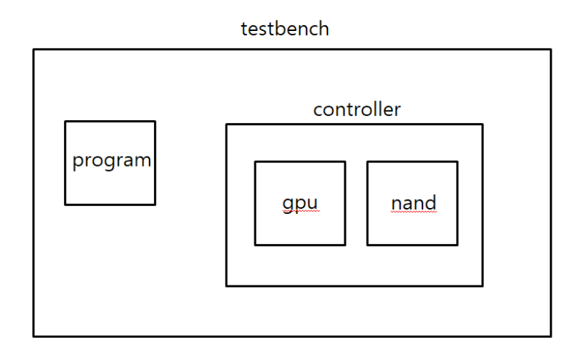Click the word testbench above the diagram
coord(285,30)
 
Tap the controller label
coord(357,110)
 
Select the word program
coord(111,160)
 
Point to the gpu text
coord(300,202)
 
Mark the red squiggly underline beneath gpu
coord(300,212)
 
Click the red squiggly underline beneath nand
coord(413,211)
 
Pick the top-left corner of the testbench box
coord(33,49)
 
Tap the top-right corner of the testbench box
coord(551,49)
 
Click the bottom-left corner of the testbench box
coord(33,336)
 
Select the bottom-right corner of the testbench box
coord(551,336)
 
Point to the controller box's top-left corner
coord(226,124)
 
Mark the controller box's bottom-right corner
coord(482,285)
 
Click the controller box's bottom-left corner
coord(226,285)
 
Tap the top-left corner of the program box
coord(65,121)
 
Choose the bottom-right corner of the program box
coord(155,204)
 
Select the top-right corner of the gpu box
coord(345,162)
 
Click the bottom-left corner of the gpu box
coord(255,244)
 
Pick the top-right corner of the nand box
coord(457,162)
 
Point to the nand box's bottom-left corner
coord(367,244)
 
